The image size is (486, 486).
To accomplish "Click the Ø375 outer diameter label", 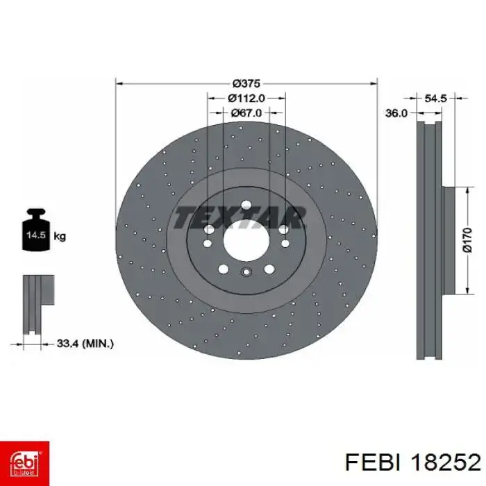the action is coord(246,83).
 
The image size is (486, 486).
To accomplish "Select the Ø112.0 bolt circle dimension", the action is coord(246,99).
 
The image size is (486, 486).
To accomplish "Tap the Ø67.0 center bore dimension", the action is coord(246,113).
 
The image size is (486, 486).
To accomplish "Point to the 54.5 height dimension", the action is coord(435,99).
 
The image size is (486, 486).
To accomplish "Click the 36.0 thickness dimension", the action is coord(396,113).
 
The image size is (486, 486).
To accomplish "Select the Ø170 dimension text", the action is coord(467,240).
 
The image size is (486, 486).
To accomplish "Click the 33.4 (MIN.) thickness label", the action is coord(85,344).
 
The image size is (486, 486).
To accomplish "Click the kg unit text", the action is coord(60,237).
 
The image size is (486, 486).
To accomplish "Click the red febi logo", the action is coord(24,463).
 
